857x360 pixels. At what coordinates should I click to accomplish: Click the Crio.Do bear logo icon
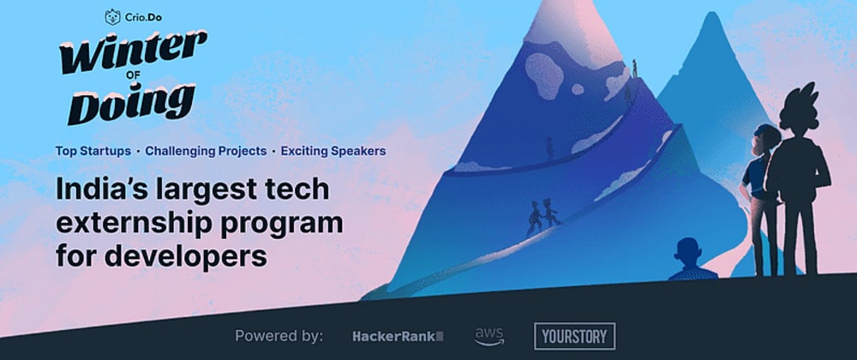point(112,17)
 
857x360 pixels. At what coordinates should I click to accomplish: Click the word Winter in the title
point(134,51)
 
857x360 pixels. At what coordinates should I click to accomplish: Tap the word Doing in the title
point(130,103)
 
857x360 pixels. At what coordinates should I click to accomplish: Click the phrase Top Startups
point(93,152)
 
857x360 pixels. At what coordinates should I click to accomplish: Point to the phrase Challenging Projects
point(206,152)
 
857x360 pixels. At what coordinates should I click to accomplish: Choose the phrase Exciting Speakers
point(333,152)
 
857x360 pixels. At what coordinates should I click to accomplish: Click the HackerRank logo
point(398,337)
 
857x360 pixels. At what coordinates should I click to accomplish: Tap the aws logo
point(489,337)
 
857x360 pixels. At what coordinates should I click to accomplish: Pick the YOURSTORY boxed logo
point(574,336)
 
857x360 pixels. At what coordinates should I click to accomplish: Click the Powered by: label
point(279,336)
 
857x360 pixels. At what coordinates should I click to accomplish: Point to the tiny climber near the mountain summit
point(634,69)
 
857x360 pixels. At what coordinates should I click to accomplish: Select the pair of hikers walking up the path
point(542,217)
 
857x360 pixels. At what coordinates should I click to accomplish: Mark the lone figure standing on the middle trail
point(550,147)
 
